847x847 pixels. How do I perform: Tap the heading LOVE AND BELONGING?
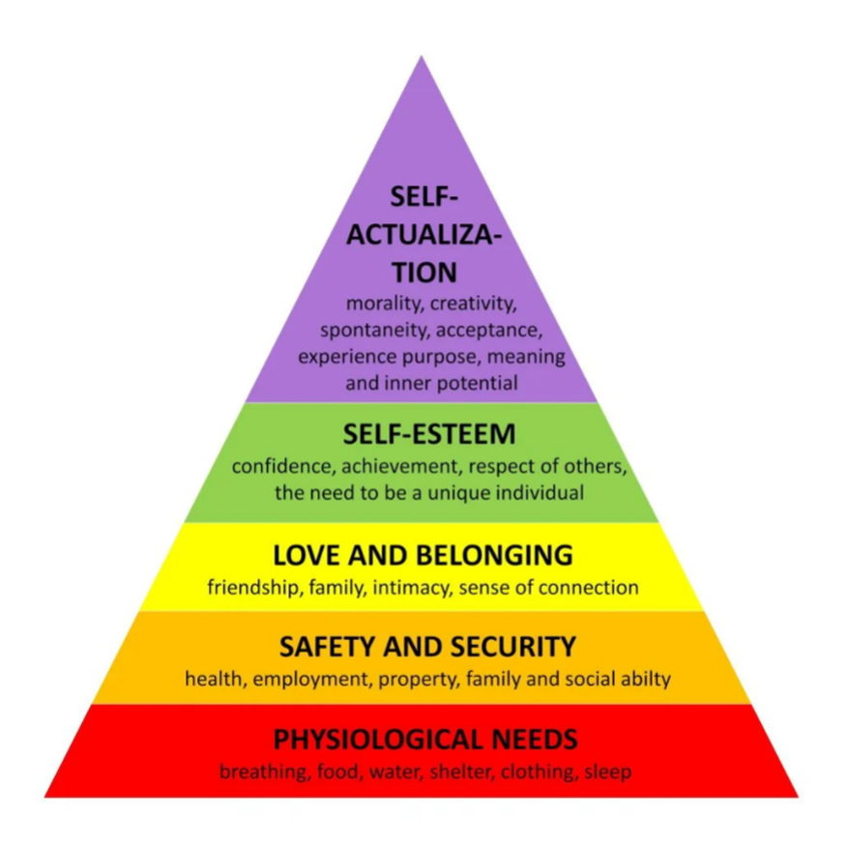(x=423, y=555)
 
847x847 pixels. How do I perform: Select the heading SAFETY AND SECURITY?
(x=426, y=646)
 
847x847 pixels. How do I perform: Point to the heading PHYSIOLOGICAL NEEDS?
(x=425, y=740)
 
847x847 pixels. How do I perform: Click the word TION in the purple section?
(x=423, y=272)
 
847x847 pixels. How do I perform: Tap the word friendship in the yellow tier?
(x=253, y=587)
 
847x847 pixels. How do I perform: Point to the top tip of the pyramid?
(x=422, y=58)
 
